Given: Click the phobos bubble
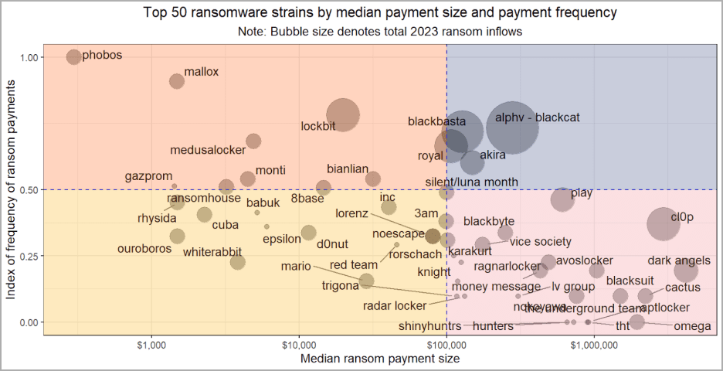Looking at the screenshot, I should point(73,56).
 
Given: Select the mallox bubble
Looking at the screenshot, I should point(177,81).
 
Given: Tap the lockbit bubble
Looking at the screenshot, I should point(342,114).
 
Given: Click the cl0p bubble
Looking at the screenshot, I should point(663,224).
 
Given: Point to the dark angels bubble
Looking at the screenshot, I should point(685,271).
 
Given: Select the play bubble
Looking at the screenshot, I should point(564,199).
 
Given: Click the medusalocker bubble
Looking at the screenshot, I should point(253,141).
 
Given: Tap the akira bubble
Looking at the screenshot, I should point(472,162).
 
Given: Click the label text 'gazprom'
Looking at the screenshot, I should point(149,176).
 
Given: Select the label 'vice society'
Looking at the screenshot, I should point(541,242).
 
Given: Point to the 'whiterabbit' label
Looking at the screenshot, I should point(212,252).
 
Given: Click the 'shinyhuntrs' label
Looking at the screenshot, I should point(430,326).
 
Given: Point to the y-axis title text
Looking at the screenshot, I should point(11,189).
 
